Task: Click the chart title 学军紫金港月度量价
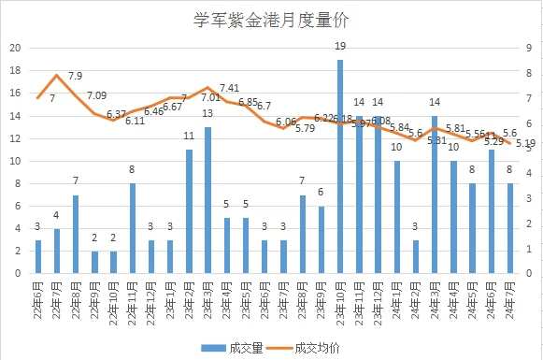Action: pyautogui.click(x=270, y=19)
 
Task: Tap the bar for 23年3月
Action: pyautogui.click(x=207, y=200)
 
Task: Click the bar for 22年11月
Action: pyautogui.click(x=132, y=228)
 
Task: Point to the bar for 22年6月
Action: pyautogui.click(x=38, y=256)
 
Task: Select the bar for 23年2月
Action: pyautogui.click(x=189, y=211)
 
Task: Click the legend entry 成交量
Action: pyautogui.click(x=238, y=347)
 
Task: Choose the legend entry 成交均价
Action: pyautogui.click(x=311, y=347)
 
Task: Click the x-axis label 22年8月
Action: pyautogui.click(x=76, y=298)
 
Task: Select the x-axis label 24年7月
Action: pyautogui.click(x=509, y=298)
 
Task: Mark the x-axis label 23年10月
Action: pyautogui.click(x=339, y=300)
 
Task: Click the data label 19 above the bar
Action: pyautogui.click(x=340, y=46)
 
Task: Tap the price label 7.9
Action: pyautogui.click(x=75, y=76)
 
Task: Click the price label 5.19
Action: pyautogui.click(x=525, y=143)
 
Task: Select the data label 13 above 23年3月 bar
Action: pyautogui.click(x=207, y=114)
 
